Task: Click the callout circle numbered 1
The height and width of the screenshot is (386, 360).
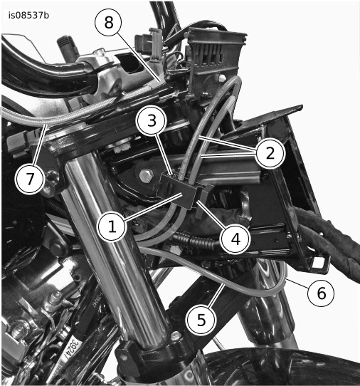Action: (112, 226)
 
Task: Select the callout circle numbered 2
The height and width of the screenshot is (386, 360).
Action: (270, 154)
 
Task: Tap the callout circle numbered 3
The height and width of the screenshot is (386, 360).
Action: (152, 121)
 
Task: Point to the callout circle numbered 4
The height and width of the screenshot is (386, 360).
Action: (235, 239)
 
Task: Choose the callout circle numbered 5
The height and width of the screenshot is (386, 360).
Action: (201, 320)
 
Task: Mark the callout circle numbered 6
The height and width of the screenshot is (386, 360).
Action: (321, 293)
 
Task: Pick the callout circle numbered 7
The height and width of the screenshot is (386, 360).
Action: (30, 179)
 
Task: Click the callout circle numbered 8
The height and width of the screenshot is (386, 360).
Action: (108, 22)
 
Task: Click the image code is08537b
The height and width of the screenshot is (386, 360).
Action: (28, 15)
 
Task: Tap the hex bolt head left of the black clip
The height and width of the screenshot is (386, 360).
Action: (146, 175)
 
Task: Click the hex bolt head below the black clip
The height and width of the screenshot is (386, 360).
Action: (174, 251)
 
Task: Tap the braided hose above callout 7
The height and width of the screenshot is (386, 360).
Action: (56, 115)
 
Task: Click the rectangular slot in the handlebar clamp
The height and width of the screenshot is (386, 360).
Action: (129, 63)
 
